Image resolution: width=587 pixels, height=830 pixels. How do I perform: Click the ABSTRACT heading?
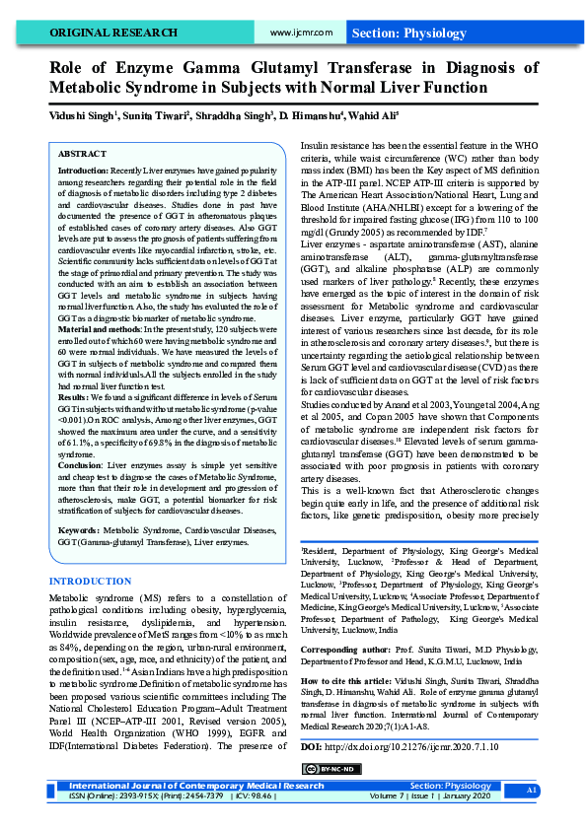[83, 155]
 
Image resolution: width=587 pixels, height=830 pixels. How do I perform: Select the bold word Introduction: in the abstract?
[83, 172]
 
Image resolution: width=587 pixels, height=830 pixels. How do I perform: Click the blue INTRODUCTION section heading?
[90, 583]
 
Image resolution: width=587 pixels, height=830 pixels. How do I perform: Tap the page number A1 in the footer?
[532, 791]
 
